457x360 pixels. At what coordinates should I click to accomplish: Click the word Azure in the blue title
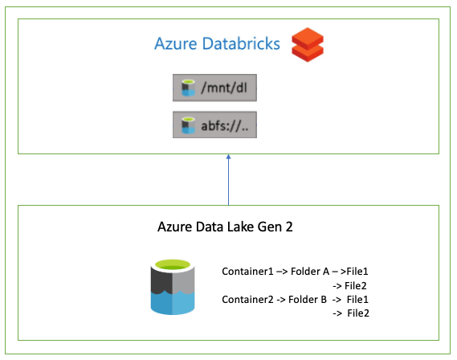176,43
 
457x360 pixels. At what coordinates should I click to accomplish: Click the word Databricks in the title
241,43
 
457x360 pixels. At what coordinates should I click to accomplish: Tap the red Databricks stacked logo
308,45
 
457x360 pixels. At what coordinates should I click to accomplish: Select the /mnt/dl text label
224,88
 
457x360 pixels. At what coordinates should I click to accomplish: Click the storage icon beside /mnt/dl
188,88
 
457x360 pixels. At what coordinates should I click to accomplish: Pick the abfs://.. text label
225,126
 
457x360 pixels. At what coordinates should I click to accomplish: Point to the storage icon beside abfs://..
188,125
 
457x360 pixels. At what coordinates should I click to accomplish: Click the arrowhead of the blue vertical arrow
228,157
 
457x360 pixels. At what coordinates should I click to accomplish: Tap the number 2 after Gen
289,227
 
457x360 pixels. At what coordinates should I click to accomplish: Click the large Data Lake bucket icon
173,287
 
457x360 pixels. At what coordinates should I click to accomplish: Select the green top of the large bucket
173,265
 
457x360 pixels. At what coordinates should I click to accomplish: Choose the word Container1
247,272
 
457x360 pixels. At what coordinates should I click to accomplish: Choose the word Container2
247,300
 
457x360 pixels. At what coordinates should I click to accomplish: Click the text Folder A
310,272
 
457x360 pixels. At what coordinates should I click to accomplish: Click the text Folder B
308,300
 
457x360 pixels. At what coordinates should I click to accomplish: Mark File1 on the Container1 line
357,272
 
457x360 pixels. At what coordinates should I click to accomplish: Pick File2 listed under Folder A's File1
356,285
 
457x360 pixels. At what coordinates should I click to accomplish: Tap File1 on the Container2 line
357,300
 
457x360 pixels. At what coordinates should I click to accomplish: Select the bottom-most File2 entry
358,313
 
